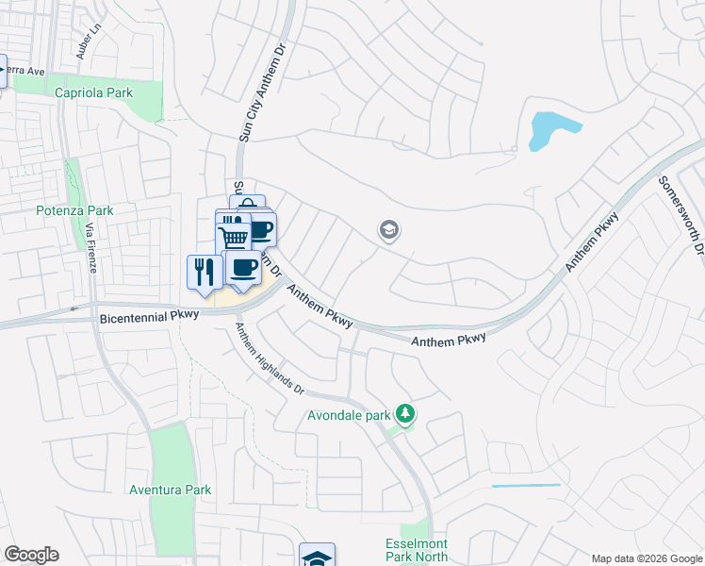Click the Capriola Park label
(93, 92)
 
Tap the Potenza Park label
(74, 210)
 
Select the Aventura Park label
(171, 490)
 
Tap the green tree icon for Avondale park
(405, 413)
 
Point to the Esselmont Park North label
(417, 551)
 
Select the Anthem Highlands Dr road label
(270, 358)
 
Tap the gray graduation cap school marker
(388, 230)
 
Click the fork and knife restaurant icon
(204, 272)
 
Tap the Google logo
(31, 555)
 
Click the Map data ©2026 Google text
(646, 558)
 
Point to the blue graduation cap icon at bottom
(318, 557)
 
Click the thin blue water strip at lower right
(526, 486)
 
